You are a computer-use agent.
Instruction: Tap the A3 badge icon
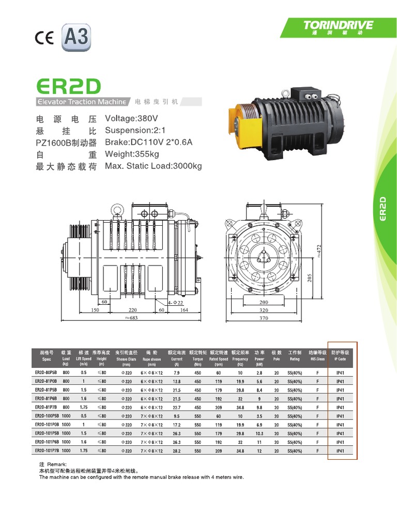click(x=75, y=38)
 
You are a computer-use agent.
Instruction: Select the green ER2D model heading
click(x=68, y=86)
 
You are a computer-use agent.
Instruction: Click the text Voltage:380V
click(x=131, y=118)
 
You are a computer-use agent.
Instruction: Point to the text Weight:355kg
click(x=132, y=154)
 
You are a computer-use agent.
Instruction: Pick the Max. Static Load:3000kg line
click(x=153, y=166)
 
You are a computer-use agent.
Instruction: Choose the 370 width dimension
click(x=264, y=318)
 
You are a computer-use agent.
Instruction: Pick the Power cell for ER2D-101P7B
click(x=259, y=451)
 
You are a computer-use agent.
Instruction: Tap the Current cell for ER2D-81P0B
click(x=176, y=381)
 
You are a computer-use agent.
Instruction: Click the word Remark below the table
click(x=55, y=464)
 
